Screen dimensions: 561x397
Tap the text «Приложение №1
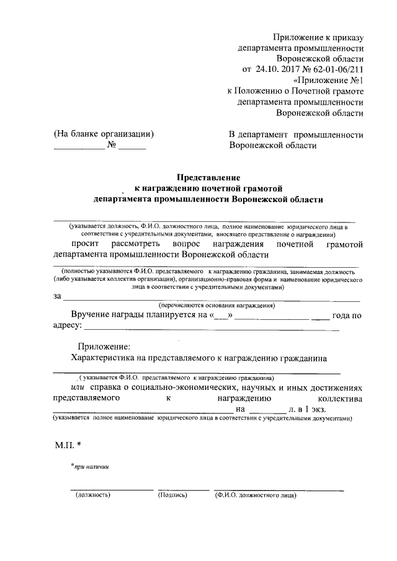click(328, 80)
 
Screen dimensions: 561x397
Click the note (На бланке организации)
click(104, 135)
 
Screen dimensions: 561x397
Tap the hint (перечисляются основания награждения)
click(217, 306)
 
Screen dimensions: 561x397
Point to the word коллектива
click(339, 399)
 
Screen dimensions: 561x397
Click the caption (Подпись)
click(172, 495)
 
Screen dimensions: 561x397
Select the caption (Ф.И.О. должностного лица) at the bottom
click(256, 495)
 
